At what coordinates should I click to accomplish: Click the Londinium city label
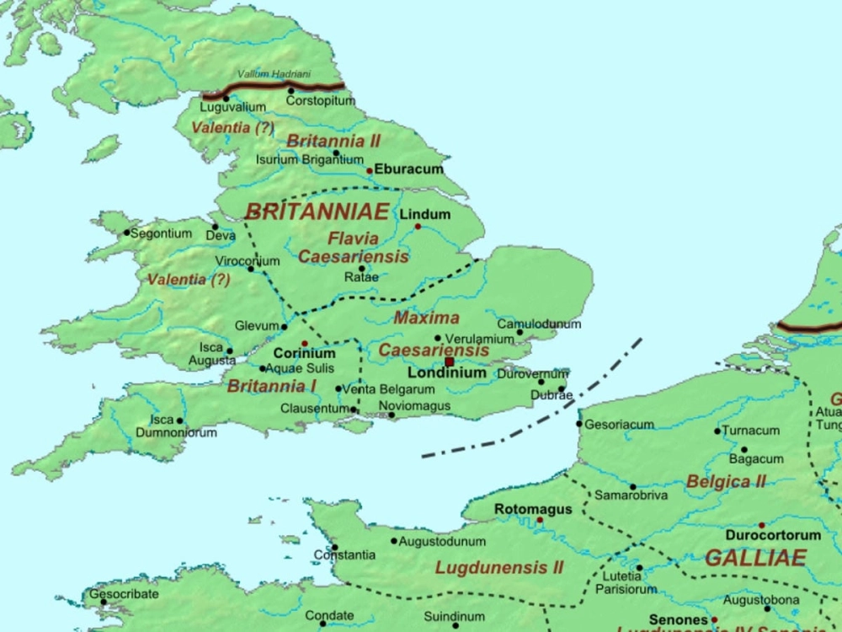click(x=446, y=372)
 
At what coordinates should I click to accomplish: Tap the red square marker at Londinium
click(x=450, y=362)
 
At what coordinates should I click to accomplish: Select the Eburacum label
click(x=408, y=169)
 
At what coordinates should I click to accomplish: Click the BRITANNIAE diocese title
click(x=317, y=212)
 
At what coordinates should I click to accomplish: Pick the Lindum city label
click(x=424, y=214)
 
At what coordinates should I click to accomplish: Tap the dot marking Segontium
click(x=127, y=233)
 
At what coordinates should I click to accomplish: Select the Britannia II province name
click(x=333, y=141)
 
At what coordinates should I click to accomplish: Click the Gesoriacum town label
click(x=619, y=425)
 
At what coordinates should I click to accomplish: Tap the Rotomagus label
click(x=533, y=510)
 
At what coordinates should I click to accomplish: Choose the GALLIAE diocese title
click(x=755, y=558)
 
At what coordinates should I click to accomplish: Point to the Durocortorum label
click(x=773, y=535)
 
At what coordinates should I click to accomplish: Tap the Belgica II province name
click(x=726, y=482)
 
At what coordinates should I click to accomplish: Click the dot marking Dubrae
click(x=562, y=388)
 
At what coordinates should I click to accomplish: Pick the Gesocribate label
click(x=124, y=593)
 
